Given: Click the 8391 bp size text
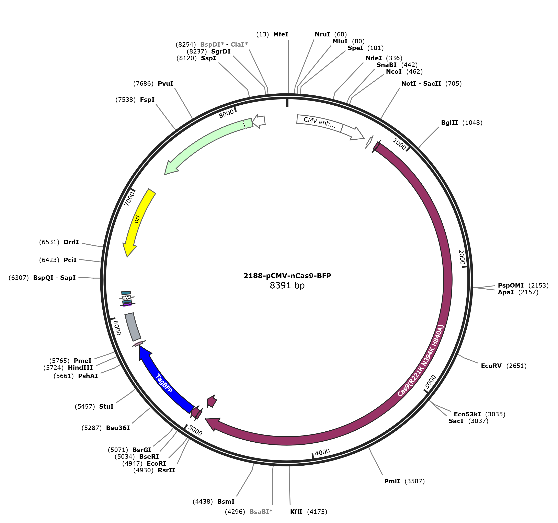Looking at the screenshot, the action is tap(287, 285).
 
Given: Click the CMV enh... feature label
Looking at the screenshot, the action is tap(320, 123).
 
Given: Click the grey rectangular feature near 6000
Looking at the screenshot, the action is tap(133, 327).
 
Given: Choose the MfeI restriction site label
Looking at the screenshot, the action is tap(281, 34).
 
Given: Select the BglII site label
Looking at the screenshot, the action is tap(449, 123).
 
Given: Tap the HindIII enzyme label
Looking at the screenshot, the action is tap(80, 368).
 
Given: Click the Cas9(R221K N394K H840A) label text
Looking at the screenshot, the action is tap(421, 361).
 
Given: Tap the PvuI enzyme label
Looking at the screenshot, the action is tap(166, 84).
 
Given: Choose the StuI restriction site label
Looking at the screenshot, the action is tap(106, 407).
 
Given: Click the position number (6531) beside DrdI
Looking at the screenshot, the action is tap(49, 242).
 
